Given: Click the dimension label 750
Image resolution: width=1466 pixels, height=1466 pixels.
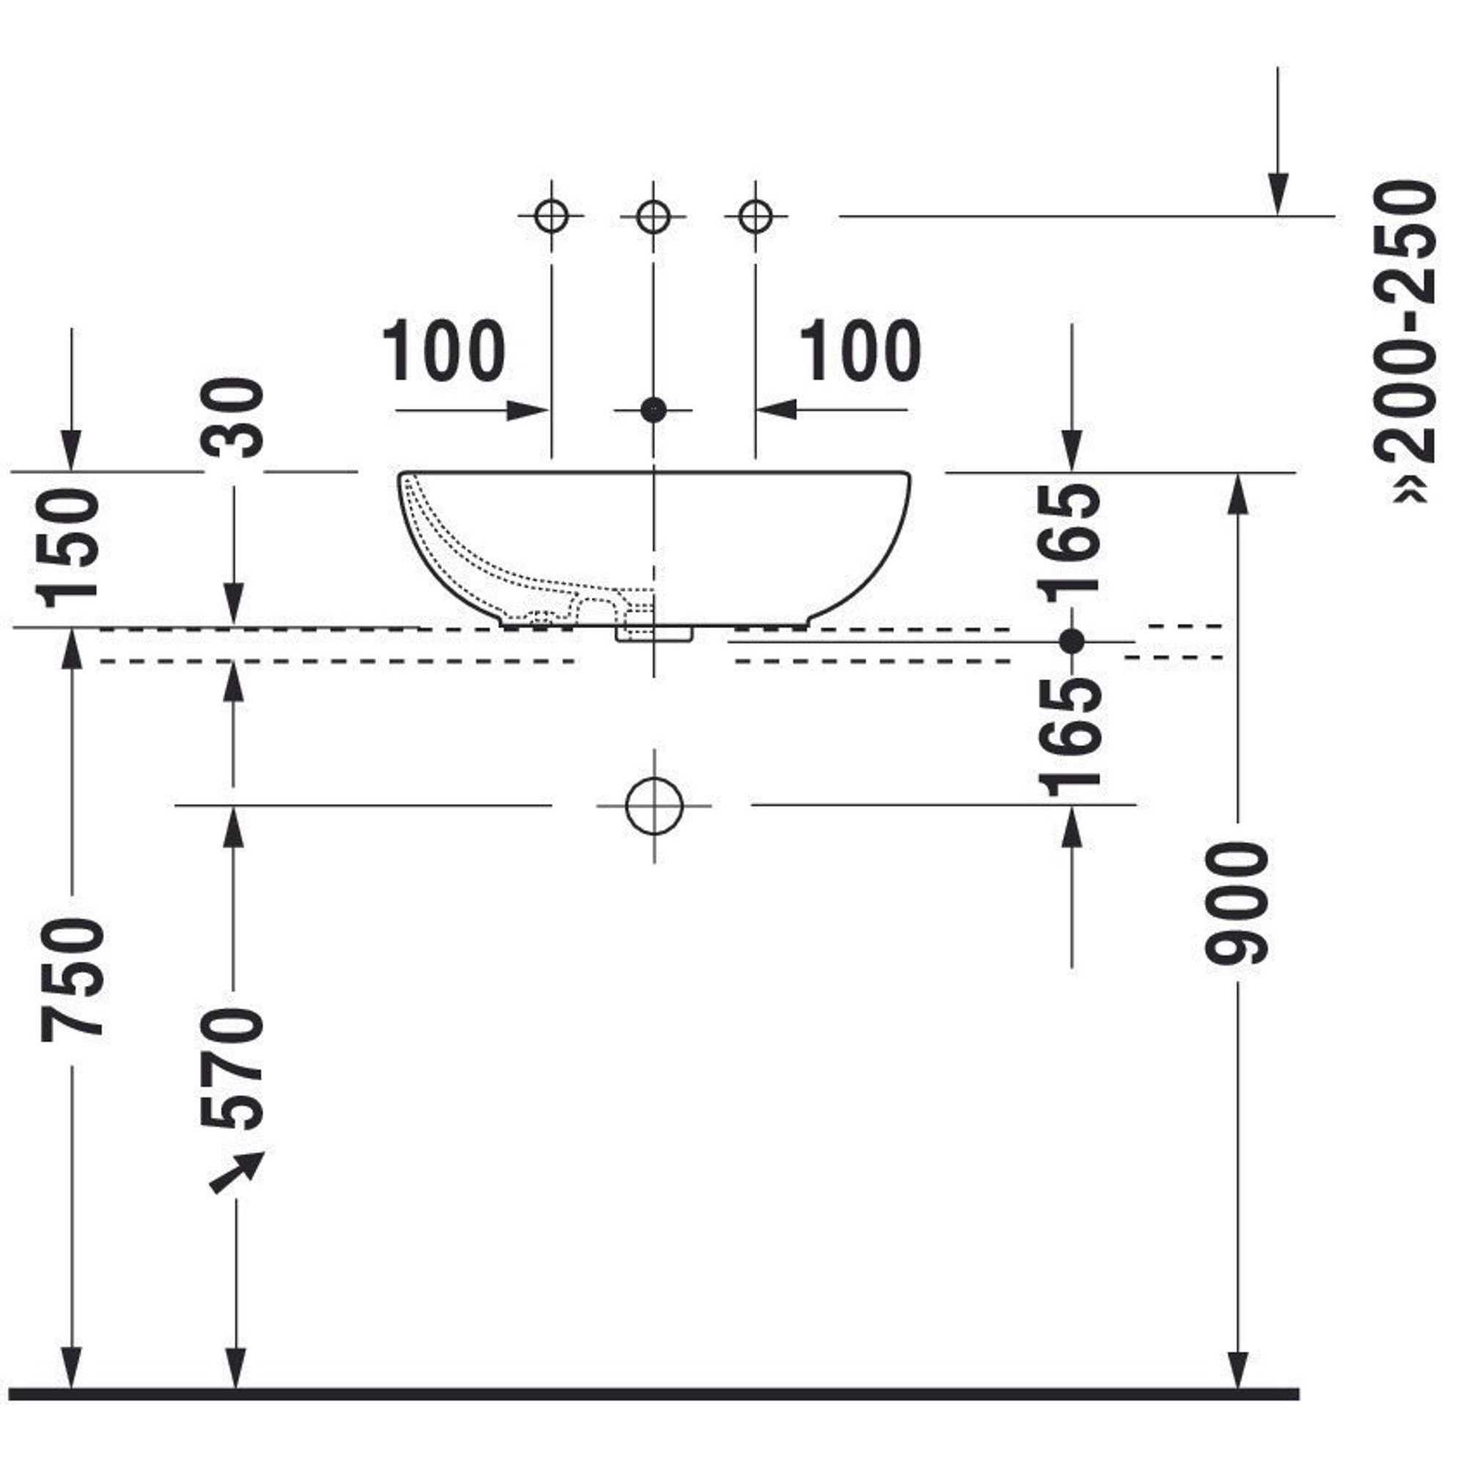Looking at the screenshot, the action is (x=72, y=979).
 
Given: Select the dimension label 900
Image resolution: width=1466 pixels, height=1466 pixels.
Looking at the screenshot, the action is (x=1237, y=902).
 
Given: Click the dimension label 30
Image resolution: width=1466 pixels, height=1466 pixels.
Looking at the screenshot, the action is (x=233, y=418).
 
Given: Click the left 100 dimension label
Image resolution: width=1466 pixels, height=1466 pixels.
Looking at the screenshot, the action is (x=444, y=350).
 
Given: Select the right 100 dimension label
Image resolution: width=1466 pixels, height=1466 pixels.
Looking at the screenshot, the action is (x=861, y=350).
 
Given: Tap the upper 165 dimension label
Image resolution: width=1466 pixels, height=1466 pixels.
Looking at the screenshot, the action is (x=1072, y=543).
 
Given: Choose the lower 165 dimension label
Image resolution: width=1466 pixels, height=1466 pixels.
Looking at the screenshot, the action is (x=1072, y=737).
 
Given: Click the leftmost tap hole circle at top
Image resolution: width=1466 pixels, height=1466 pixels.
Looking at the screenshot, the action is (x=551, y=216).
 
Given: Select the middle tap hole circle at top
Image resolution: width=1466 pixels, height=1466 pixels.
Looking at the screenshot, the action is (x=652, y=216).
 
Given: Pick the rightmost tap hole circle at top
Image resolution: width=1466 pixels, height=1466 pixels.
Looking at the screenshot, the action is (x=755, y=216).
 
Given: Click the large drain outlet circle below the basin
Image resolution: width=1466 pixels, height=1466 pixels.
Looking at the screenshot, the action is (x=654, y=806).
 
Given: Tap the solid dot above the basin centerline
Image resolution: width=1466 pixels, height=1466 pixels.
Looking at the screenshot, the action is (x=652, y=410).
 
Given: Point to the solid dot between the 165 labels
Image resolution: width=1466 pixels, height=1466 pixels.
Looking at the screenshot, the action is (x=1072, y=642).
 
